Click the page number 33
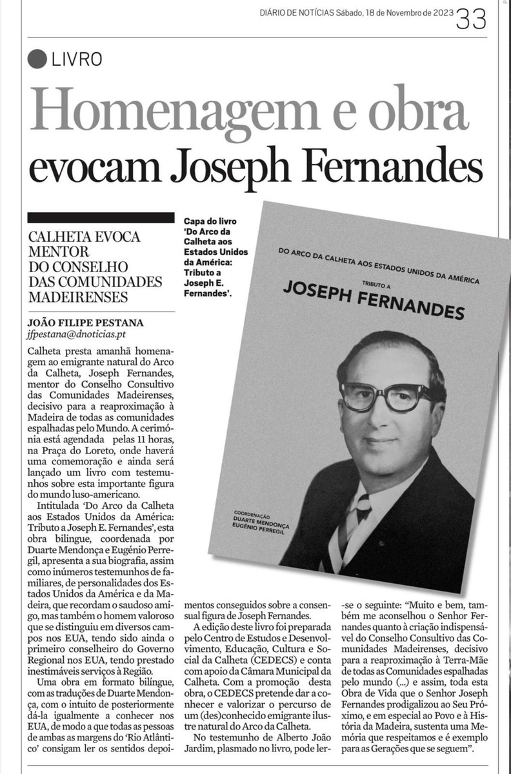click(470, 19)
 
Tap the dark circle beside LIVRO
click(38, 59)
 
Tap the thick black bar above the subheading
click(101, 217)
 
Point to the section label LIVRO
click(77, 59)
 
